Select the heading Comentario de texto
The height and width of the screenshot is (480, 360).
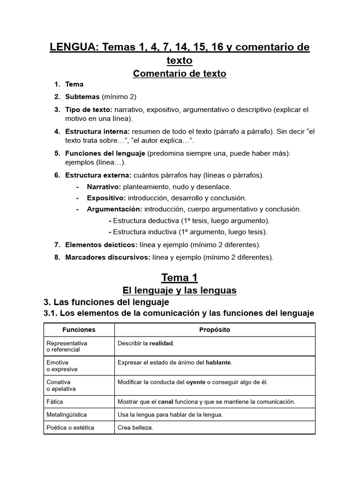[180, 74]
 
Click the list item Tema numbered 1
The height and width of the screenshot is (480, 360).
[74, 84]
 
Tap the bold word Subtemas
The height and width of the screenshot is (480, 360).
[82, 97]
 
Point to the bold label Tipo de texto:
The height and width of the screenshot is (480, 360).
[89, 110]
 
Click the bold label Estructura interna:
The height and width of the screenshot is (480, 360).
[97, 132]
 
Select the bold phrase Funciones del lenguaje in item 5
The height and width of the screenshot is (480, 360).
[105, 154]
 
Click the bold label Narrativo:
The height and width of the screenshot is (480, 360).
[104, 187]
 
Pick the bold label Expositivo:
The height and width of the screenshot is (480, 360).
[106, 198]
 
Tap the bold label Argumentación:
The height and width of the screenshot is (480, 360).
[114, 209]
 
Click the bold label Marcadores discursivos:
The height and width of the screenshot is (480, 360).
[108, 257]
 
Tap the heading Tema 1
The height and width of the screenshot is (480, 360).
[180, 277]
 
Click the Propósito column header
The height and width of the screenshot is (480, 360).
[215, 330]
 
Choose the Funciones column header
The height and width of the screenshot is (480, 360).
[79, 330]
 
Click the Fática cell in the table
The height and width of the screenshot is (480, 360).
[55, 402]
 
